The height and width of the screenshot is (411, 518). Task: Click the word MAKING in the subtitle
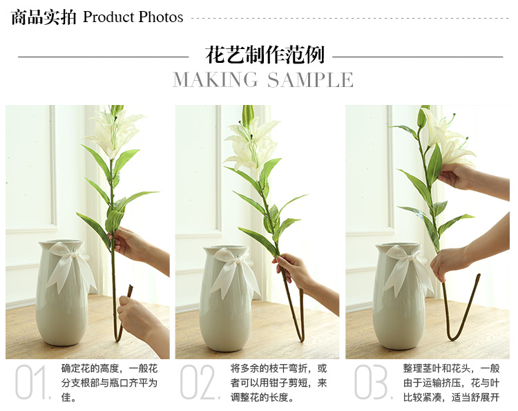point(215,80)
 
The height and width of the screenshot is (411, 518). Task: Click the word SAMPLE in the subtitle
point(310,80)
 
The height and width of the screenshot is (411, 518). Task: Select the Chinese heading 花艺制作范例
point(265,55)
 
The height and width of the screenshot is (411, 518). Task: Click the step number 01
point(32,381)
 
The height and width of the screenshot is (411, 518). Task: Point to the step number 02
point(199,381)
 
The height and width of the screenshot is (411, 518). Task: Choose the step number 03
point(373,381)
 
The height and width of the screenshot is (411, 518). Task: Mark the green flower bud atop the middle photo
point(248,115)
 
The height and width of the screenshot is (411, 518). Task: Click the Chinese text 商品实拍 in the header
point(44,17)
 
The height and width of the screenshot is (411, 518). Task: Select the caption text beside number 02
point(278,383)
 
